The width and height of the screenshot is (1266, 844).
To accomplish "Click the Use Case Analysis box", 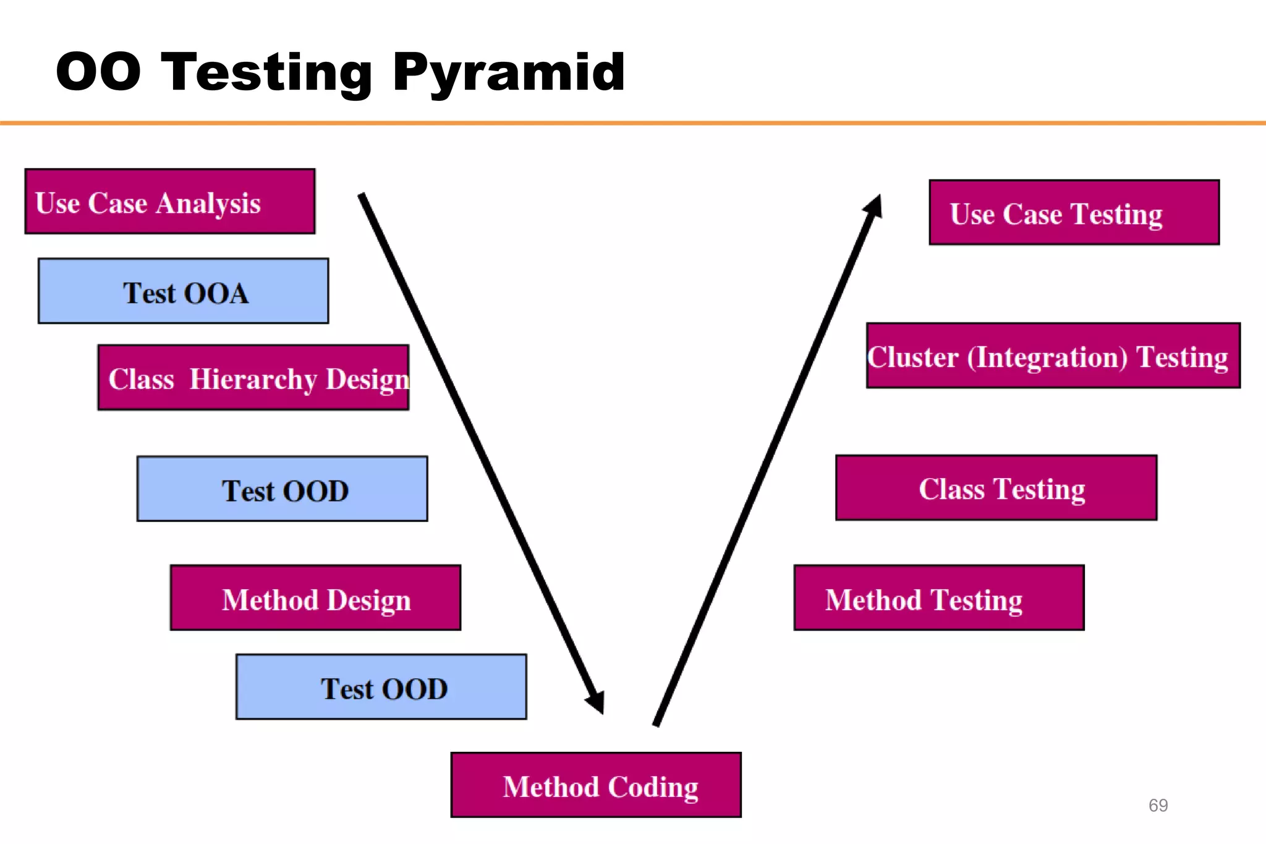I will click(x=170, y=202).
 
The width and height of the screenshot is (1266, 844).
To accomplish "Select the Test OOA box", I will click(x=184, y=291).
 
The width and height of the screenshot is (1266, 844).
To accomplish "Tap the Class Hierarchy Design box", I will click(x=253, y=378).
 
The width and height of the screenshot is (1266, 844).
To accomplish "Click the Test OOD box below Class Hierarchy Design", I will click(x=283, y=489).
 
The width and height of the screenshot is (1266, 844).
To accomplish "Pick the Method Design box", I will click(x=316, y=598).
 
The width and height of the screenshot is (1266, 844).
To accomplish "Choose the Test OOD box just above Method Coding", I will click(x=381, y=687).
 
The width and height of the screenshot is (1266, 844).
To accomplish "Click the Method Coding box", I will click(x=597, y=785).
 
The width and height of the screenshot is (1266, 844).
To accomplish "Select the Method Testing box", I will click(x=939, y=598).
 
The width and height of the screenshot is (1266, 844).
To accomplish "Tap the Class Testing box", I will click(x=996, y=488).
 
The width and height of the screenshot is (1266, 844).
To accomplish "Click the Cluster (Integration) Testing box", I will click(x=1053, y=356).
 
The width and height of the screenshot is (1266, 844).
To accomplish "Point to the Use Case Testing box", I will click(x=1074, y=213).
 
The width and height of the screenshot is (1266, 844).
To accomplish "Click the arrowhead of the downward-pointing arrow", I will click(x=596, y=701).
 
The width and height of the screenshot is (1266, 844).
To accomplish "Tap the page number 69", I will click(x=1158, y=805).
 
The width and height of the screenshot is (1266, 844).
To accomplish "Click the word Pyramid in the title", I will click(x=509, y=73).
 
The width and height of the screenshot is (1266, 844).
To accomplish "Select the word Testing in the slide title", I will click(x=266, y=73).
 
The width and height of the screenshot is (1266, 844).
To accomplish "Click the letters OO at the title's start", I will click(x=98, y=72).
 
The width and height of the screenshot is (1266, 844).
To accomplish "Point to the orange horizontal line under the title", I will click(x=633, y=123).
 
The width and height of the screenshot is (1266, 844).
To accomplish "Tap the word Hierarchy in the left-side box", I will click(x=253, y=379).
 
